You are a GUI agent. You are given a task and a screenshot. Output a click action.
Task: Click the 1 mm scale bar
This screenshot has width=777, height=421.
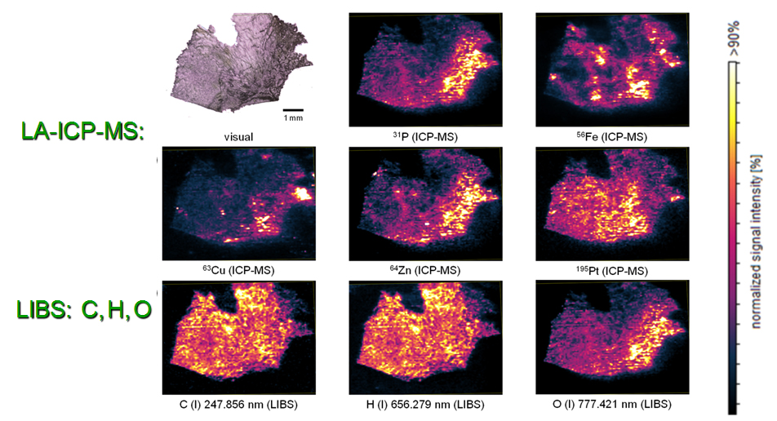coord(294,109)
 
